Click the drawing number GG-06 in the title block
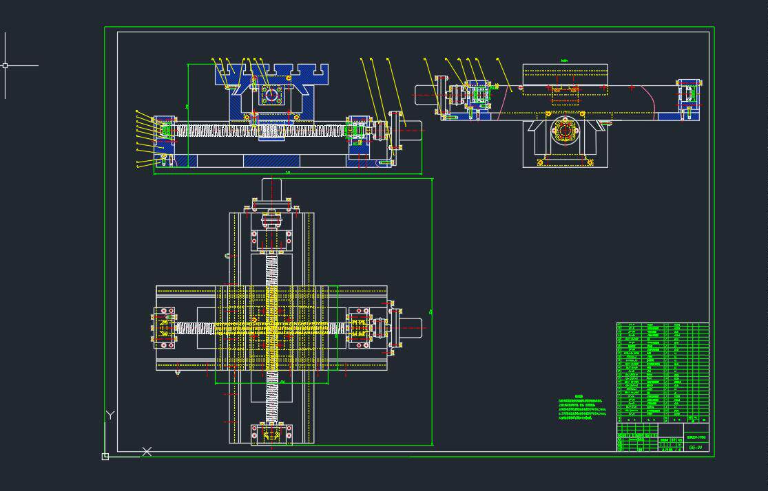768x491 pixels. (696, 448)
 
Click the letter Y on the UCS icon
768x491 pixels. (110, 415)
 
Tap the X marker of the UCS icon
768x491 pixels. (147, 451)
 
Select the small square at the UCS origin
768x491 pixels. (105, 457)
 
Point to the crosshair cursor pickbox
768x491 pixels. (5, 65)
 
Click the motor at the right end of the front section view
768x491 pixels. (411, 131)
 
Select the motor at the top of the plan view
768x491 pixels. (271, 188)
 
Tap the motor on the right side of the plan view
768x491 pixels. (411, 328)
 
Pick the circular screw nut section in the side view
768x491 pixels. (565, 131)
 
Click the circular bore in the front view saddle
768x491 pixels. (271, 96)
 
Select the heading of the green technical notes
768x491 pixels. (579, 397)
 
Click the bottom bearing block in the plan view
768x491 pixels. (271, 434)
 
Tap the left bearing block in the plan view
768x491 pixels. (165, 328)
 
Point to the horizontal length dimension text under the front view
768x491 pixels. (288, 172)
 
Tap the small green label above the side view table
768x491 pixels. (564, 61)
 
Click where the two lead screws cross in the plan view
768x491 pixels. (271, 328)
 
